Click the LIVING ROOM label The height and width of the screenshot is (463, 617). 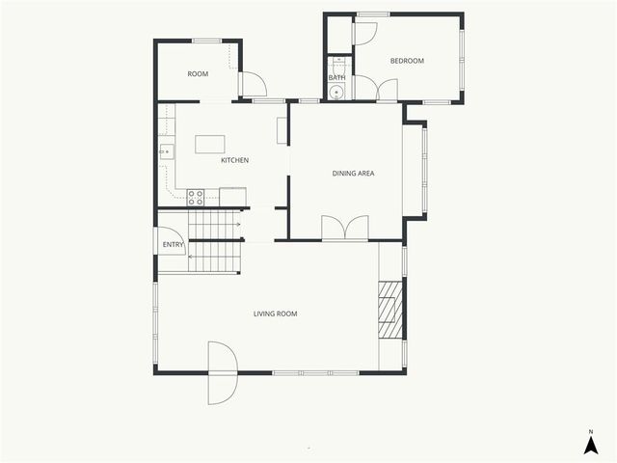[275, 313]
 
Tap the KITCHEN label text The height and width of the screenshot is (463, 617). [235, 160]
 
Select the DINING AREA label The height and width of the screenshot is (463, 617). [353, 174]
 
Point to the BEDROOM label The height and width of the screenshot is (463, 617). [407, 61]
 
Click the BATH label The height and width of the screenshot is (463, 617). [336, 78]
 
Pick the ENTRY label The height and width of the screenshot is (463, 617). [174, 245]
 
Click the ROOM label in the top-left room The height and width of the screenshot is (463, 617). [198, 74]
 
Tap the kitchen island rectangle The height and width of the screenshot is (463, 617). [210, 144]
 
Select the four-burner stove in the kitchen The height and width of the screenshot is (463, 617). [196, 197]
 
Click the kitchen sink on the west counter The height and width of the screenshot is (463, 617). [166, 150]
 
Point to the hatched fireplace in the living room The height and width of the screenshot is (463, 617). [389, 310]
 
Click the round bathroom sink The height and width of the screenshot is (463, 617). [336, 93]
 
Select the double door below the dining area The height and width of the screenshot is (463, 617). [344, 228]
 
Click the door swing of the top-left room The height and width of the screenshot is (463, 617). [253, 86]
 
